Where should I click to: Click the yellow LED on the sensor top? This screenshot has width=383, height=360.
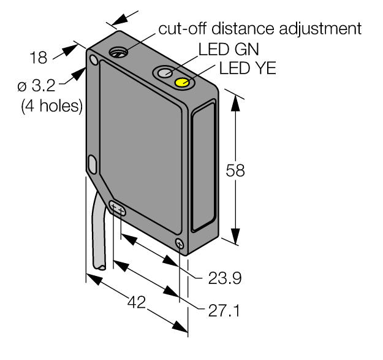182,82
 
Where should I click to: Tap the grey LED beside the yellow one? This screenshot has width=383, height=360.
165,73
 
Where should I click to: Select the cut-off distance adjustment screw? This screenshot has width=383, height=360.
118,52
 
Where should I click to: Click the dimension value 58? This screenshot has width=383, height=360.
235,170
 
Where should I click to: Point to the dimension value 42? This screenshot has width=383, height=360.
136,302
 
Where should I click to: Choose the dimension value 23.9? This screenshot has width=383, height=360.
225,278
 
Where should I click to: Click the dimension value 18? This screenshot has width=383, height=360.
39,58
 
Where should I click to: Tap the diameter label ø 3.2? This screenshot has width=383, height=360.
37,86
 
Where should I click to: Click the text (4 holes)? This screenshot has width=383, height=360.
52,106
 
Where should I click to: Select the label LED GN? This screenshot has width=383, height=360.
229,49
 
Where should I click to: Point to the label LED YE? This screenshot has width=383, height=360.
248,68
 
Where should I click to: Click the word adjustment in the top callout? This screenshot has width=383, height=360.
320,29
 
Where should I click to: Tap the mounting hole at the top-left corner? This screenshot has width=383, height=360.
94,59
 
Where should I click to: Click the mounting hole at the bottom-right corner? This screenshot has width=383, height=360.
180,243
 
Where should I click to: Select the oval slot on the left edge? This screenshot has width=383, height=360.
93,164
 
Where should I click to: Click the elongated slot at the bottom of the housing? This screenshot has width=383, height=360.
117,209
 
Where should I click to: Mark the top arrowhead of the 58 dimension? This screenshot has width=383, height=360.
235,102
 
